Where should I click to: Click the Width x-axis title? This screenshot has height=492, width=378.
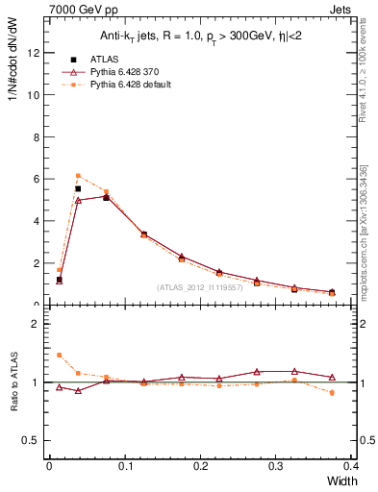click(x=341, y=480)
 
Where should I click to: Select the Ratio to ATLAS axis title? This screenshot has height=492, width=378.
click(x=14, y=386)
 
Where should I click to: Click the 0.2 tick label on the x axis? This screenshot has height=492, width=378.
click(x=200, y=466)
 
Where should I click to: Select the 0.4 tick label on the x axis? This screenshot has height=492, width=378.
click(x=351, y=466)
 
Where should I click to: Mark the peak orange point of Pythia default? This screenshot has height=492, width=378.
click(x=78, y=175)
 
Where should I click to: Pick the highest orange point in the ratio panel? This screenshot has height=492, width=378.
click(x=59, y=355)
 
